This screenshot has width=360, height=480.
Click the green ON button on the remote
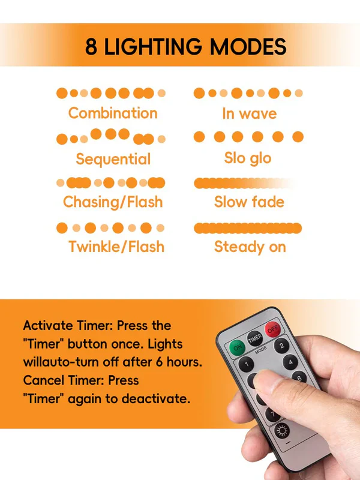point(237,348)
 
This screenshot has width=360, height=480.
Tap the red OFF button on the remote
point(272,329)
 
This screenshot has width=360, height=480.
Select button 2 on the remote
point(281,346)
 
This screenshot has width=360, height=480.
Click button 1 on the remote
point(246,364)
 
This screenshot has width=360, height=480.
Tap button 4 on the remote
point(290,362)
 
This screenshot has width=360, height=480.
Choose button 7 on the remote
point(272,415)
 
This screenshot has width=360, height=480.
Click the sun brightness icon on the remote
point(282,431)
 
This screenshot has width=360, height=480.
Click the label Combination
point(113,113)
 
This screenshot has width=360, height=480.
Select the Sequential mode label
point(113,159)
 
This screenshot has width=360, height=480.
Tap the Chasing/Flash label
point(113,202)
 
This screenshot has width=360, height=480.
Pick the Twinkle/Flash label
point(116,247)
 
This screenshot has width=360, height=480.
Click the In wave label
point(250,113)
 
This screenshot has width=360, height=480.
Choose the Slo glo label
point(248,158)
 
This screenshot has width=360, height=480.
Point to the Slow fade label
point(249,202)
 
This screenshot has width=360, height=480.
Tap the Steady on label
point(250,247)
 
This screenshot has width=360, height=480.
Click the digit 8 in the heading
point(91,47)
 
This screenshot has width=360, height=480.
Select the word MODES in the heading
point(248,47)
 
